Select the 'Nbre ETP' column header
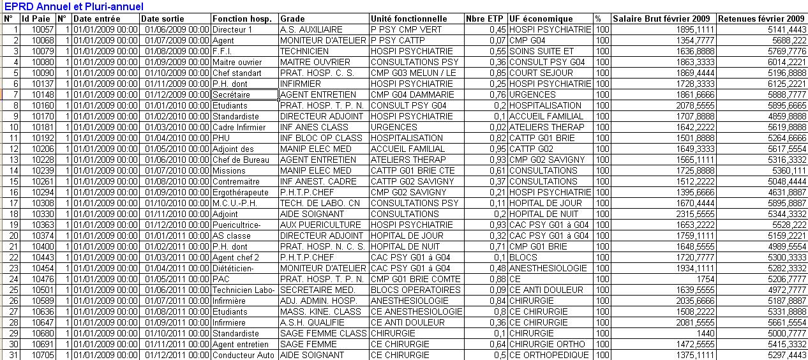486,19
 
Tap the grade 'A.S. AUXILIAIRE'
311,29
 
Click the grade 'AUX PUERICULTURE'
317,225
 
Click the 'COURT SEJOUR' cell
537,73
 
